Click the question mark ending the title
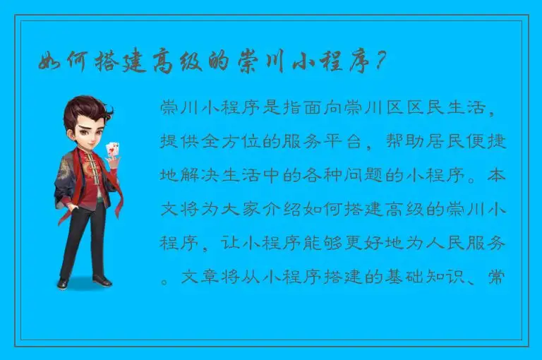point(381,64)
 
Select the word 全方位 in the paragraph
point(230,142)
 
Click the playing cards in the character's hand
point(111,150)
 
